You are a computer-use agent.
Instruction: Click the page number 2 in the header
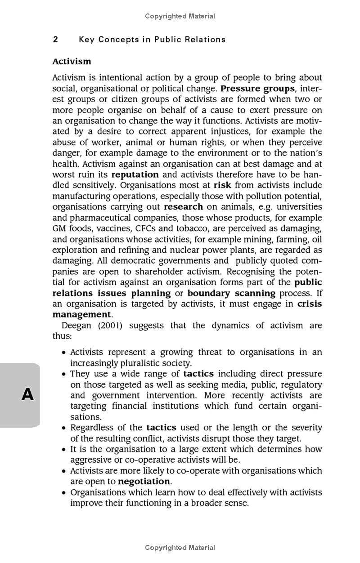[55, 40]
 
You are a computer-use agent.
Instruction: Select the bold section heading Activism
[72, 61]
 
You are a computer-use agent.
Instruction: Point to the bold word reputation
[135, 174]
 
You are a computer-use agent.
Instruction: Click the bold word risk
[222, 185]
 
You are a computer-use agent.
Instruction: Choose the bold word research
[183, 207]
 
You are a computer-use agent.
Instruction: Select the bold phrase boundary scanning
[231, 293]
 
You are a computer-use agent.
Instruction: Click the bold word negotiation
[144, 481]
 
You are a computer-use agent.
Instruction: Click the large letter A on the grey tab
[27, 394]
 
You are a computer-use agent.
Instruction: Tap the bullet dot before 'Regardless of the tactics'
[64, 428]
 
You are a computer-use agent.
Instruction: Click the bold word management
[81, 315]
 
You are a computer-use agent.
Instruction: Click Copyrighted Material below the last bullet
[180, 548]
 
